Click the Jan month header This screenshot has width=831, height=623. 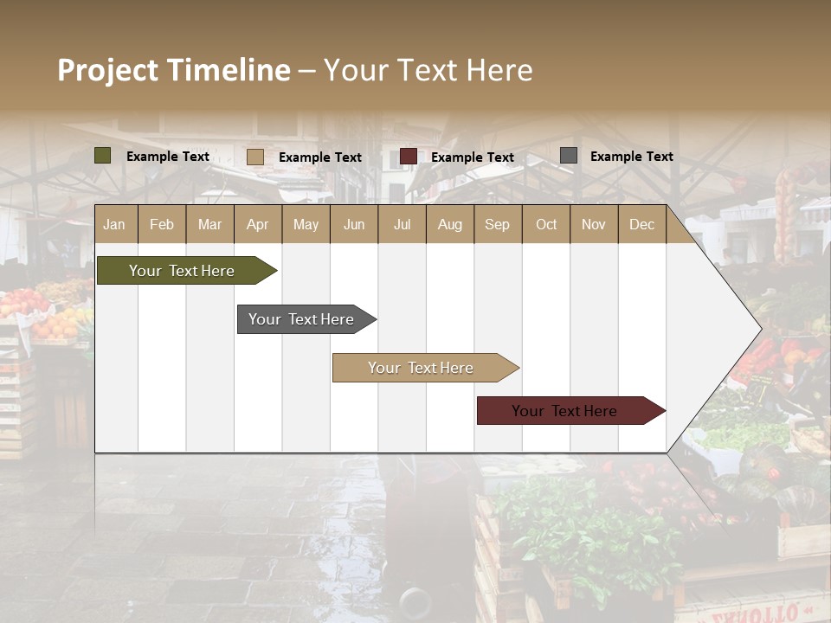114,224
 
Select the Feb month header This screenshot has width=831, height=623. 162,224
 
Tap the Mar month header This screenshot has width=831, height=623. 209,224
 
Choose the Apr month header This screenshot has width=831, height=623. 258,224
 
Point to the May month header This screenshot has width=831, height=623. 306,224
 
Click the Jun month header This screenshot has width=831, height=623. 354,224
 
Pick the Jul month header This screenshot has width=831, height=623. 402,224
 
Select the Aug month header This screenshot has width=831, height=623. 450,224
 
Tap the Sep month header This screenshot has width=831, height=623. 498,224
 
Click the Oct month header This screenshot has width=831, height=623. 546,224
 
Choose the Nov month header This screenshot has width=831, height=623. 594,224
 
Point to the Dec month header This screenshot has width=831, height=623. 641,224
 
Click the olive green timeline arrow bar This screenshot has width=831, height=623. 182,271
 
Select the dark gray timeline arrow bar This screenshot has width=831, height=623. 302,319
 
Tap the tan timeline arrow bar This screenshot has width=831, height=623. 422,368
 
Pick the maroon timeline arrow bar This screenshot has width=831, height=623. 565,411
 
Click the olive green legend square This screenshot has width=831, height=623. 103,156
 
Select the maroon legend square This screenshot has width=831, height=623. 409,156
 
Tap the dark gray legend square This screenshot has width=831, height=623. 569,155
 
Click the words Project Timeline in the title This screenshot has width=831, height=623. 174,70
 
